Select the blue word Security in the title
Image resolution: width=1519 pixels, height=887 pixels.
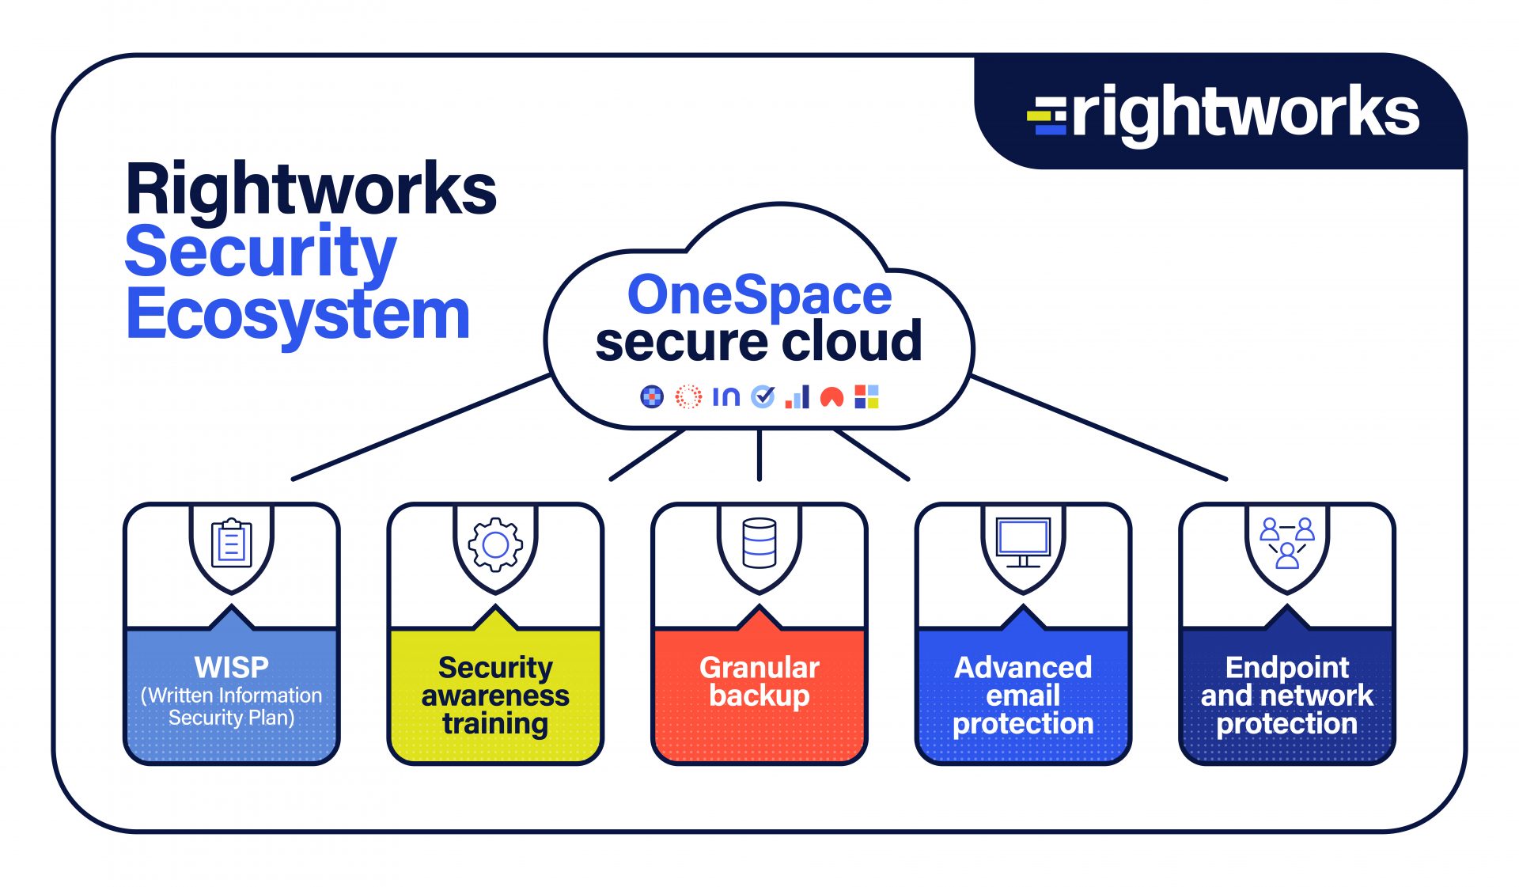click(x=260, y=252)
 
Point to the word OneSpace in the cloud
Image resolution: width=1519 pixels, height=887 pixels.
click(x=759, y=295)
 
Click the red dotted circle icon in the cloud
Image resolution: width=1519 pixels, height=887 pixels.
click(x=688, y=396)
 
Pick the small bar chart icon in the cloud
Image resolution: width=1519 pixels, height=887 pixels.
click(x=797, y=396)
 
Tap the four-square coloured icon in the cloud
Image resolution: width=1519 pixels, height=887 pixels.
click(x=867, y=396)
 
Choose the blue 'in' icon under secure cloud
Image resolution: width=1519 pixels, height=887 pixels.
click(x=726, y=396)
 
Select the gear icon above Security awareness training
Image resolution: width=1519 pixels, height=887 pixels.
click(x=495, y=544)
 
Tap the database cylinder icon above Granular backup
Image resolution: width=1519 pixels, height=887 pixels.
click(x=759, y=543)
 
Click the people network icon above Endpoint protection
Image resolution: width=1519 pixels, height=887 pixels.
click(x=1287, y=543)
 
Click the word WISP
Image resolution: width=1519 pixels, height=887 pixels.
click(x=232, y=667)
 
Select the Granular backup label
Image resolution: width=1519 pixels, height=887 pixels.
click(x=759, y=681)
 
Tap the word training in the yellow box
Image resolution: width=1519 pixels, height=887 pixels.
click(x=495, y=724)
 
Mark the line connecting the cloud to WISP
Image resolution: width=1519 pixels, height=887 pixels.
click(x=422, y=427)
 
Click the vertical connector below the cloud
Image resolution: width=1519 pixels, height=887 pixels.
click(x=759, y=455)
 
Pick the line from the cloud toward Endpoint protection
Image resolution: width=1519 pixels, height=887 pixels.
click(x=1099, y=428)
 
